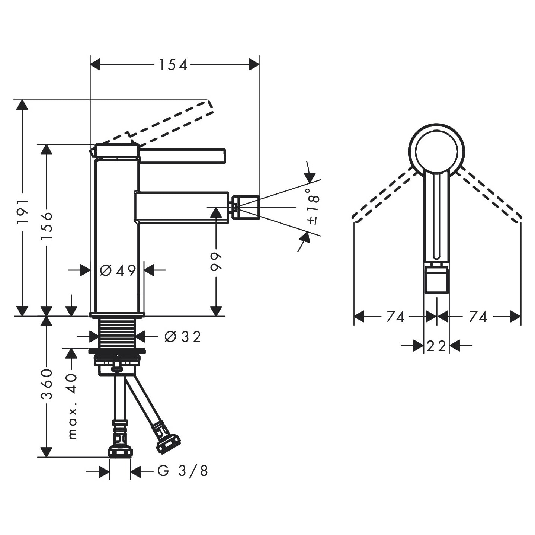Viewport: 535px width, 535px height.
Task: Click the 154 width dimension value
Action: [173, 65]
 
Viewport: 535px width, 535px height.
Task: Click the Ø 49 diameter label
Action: [118, 270]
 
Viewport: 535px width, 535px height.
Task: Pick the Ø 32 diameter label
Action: [182, 337]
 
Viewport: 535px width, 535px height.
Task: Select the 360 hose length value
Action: [47, 384]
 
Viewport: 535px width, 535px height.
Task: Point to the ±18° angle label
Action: [313, 206]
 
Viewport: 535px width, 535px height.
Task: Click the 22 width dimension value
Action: [436, 346]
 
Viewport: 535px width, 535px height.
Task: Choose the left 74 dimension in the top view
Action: [395, 317]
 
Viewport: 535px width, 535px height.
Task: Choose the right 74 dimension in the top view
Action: [478, 317]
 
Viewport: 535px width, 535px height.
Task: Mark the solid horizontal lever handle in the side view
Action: [182, 156]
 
